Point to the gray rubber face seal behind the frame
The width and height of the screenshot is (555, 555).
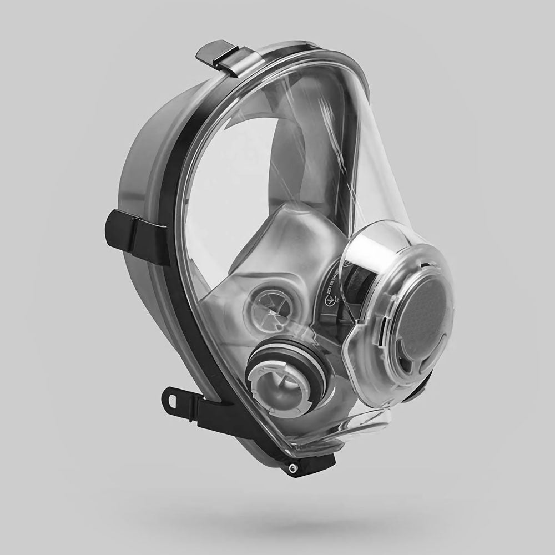[x=139, y=167]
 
